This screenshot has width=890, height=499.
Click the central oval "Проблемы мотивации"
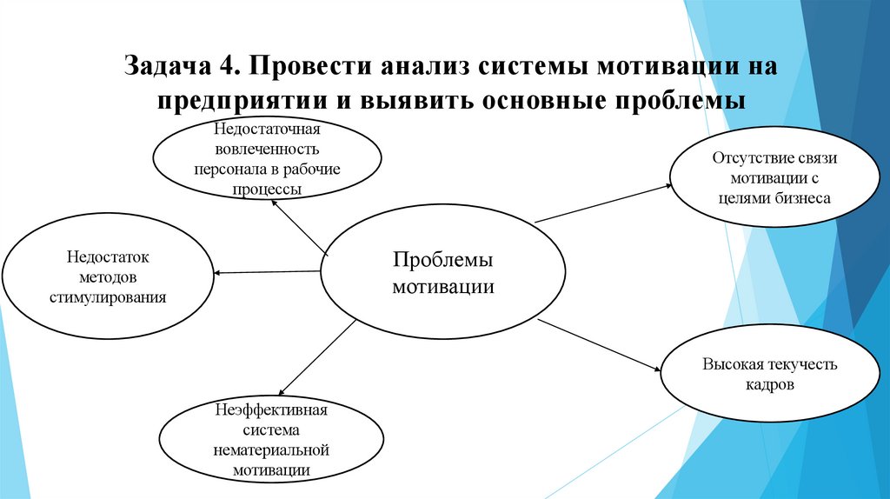tap(442, 273)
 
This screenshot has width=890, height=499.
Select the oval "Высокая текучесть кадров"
tap(769, 374)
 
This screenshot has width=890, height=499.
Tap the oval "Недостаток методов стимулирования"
tap(108, 277)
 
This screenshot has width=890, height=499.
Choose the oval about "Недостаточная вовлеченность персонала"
tap(268, 158)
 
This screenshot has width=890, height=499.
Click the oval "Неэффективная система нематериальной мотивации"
tap(272, 440)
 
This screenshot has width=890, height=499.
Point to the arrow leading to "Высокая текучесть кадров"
tap(600, 345)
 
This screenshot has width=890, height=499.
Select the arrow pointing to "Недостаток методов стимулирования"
tap(268, 273)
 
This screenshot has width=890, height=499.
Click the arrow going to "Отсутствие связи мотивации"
tap(602, 203)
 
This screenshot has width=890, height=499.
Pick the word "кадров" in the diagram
tap(769, 383)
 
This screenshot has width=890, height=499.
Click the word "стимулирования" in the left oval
tap(108, 296)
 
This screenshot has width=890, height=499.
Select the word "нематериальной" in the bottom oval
tap(272, 452)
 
